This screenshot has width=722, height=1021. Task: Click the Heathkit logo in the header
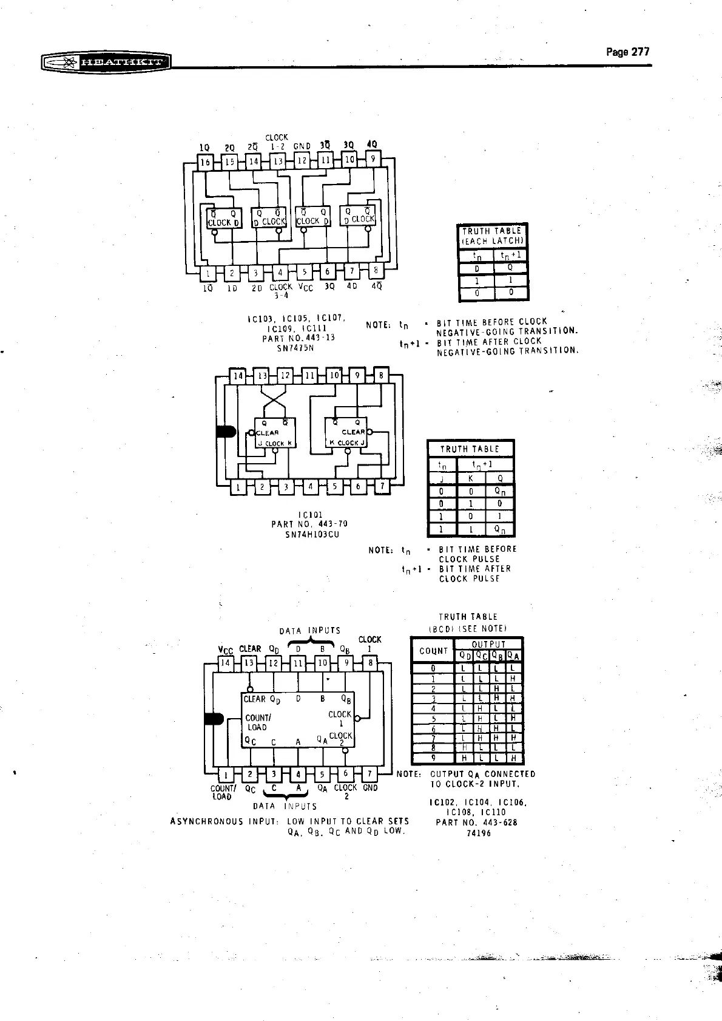(x=106, y=62)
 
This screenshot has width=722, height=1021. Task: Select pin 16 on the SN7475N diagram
(x=206, y=162)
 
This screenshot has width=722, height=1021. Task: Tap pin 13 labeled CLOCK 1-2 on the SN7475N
(x=278, y=161)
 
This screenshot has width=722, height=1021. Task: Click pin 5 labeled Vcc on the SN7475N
(x=305, y=273)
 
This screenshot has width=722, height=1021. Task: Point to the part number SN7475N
(x=295, y=348)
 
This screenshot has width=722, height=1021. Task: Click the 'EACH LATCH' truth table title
(x=492, y=241)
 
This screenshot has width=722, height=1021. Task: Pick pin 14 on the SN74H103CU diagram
(x=238, y=376)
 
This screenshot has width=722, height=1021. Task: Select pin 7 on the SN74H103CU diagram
(x=382, y=486)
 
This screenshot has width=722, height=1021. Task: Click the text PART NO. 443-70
(x=309, y=524)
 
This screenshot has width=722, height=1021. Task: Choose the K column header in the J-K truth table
(x=471, y=478)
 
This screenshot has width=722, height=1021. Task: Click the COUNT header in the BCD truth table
(x=433, y=651)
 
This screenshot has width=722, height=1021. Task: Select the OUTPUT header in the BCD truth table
(x=488, y=644)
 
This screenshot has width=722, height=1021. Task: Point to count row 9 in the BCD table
(x=433, y=758)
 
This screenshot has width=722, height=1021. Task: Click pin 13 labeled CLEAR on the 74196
(x=249, y=663)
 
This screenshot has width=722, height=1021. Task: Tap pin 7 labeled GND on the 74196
(x=369, y=774)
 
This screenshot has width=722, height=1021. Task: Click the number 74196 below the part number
(x=479, y=833)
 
